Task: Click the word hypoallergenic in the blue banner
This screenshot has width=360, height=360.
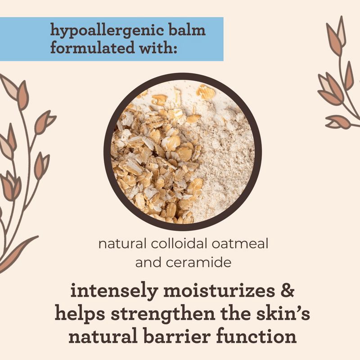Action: point(108,32)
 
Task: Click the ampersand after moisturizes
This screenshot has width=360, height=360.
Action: point(286,291)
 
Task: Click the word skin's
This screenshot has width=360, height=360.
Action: point(279,314)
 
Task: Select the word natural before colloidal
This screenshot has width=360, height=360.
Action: point(119,245)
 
